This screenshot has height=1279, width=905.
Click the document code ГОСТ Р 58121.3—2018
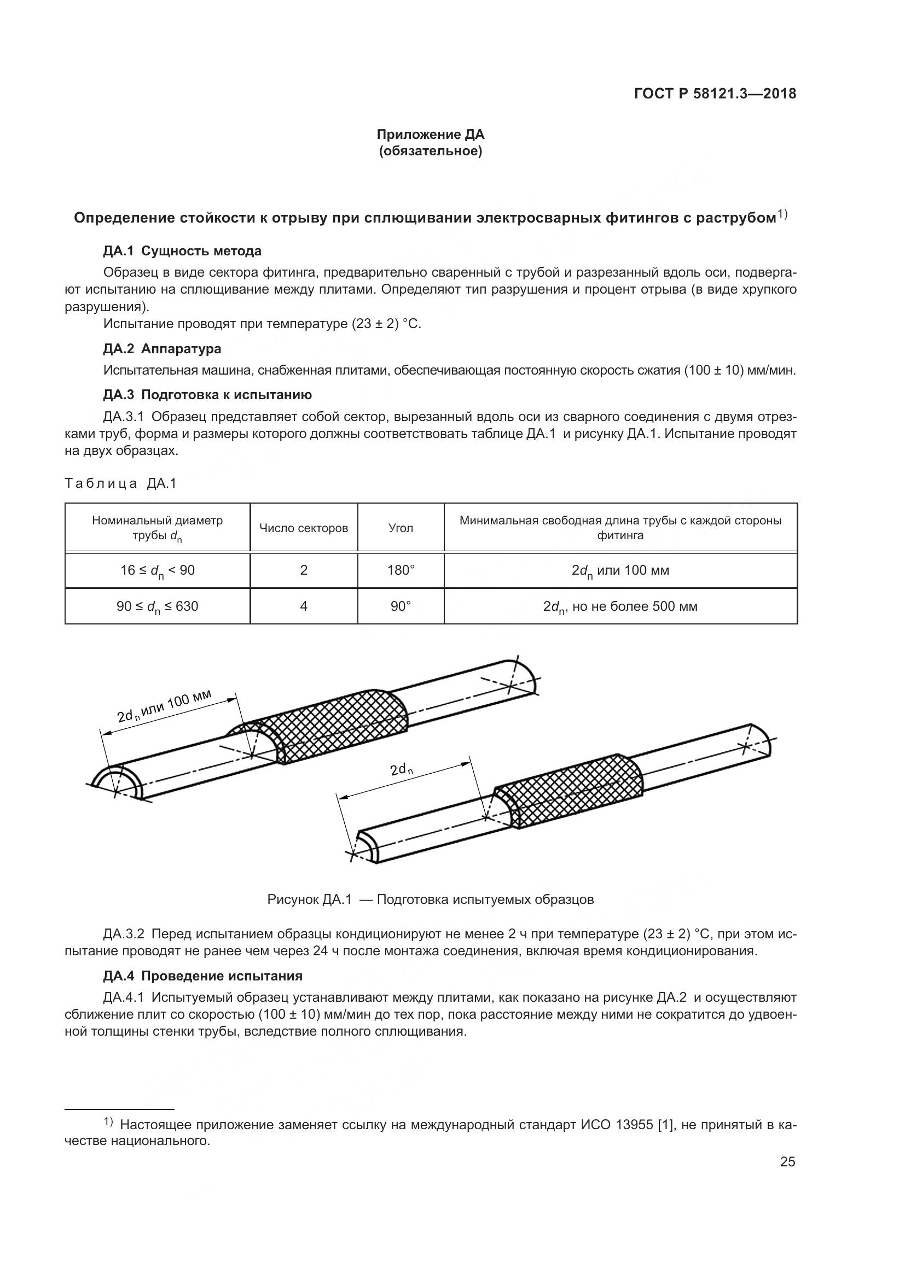pos(715,94)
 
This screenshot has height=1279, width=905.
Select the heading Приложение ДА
pos(430,135)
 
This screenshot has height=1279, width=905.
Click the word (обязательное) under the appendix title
pos(430,151)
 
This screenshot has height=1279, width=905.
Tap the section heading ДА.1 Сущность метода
pos(182,250)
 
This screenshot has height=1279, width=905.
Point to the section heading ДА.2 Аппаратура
pos(162,349)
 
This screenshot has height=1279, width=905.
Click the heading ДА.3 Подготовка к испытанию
pos(207,395)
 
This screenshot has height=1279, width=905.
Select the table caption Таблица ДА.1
pos(120,483)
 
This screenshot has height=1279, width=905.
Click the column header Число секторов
pos(304,528)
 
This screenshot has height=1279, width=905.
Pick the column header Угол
pos(401,528)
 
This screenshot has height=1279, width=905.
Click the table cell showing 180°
pos(401,570)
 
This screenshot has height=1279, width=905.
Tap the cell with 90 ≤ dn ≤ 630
pos(157,606)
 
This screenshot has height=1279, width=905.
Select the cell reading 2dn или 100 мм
pos(620,570)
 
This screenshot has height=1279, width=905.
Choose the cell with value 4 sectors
pos(304,606)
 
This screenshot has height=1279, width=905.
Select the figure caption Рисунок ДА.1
pos(430,899)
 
